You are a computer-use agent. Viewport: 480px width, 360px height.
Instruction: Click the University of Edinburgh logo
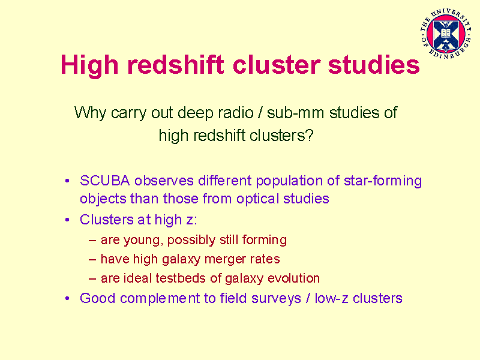[446, 34]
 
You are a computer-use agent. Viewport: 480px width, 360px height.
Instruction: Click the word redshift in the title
[176, 65]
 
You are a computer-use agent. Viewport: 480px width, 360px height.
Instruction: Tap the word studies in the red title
[373, 65]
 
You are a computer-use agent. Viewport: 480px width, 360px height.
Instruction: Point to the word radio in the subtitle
[236, 112]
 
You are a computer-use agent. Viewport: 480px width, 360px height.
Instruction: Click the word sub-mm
[295, 113]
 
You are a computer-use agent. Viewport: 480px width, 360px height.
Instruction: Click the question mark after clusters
[310, 135]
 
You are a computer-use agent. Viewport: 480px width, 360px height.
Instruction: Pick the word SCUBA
[104, 181]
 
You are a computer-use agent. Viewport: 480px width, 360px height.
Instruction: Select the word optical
[257, 200]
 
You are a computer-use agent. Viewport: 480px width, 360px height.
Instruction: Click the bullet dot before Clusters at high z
[67, 220]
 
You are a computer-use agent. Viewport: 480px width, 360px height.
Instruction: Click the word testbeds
[181, 278]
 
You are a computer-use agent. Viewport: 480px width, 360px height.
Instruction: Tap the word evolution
[293, 278]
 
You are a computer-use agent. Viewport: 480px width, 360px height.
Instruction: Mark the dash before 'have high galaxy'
[92, 260]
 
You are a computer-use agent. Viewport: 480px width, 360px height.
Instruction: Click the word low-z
[332, 298]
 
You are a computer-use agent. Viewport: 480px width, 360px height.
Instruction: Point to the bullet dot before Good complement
[67, 299]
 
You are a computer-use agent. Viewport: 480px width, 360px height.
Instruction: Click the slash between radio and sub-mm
[260, 113]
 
